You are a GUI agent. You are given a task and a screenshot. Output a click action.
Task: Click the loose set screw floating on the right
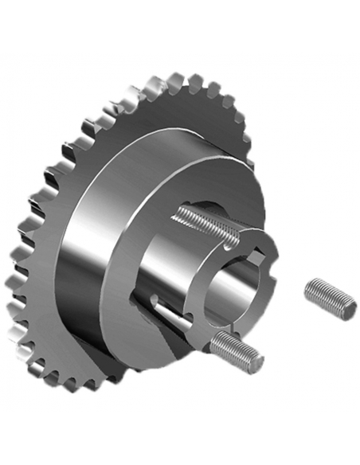pos(330,298)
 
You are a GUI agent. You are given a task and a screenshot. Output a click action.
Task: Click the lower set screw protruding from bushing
pos(236,348)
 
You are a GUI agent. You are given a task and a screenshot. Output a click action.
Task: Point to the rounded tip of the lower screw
pos(257,363)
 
